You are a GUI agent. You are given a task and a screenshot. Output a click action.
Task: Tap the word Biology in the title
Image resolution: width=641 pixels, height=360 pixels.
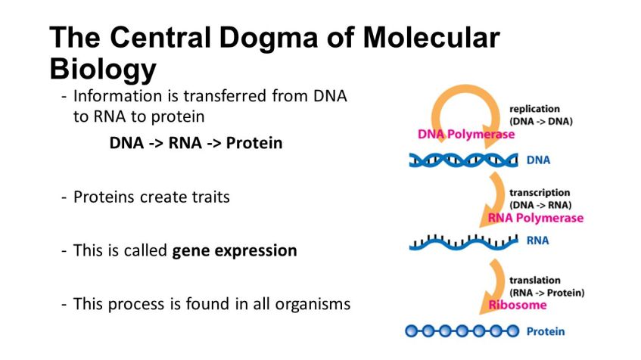(x=103, y=70)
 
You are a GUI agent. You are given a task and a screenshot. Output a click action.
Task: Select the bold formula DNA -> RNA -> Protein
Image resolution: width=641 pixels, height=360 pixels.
(x=196, y=143)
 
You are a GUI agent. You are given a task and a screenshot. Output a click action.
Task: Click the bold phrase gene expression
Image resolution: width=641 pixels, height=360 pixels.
(x=235, y=250)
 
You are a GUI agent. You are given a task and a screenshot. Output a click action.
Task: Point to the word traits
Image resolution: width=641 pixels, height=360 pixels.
(x=205, y=197)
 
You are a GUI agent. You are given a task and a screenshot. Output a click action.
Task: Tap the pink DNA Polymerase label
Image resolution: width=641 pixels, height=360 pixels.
(x=465, y=135)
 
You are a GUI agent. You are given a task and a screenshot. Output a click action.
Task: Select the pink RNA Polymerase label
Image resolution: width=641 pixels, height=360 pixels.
(x=536, y=218)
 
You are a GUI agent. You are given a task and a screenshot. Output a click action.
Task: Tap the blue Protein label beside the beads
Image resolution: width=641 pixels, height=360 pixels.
(x=546, y=331)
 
